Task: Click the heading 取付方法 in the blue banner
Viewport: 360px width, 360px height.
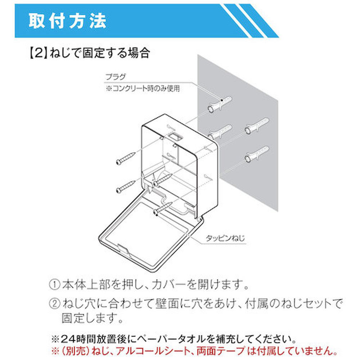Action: [67, 21]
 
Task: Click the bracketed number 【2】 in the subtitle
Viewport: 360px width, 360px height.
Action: [39, 53]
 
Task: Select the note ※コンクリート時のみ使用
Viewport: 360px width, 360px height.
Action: [143, 89]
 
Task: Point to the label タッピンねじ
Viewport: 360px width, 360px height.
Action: [225, 238]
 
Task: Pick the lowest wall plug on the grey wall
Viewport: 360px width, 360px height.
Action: [257, 154]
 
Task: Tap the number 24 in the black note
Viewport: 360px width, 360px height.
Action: [68, 339]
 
